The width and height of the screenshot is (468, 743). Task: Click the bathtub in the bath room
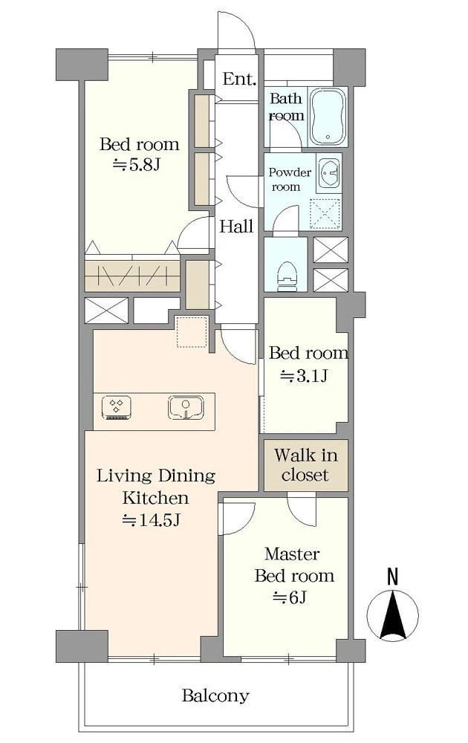(328, 117)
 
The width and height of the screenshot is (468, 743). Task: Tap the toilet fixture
(286, 276)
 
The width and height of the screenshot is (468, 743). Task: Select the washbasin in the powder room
(328, 172)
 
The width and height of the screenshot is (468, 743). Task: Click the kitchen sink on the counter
(186, 408)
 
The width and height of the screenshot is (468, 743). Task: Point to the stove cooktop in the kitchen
(117, 408)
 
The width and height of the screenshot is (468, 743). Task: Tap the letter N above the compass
(392, 577)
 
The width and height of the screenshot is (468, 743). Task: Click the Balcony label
(215, 695)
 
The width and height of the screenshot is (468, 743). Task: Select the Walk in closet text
(305, 465)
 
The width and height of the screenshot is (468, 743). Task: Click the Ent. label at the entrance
(239, 79)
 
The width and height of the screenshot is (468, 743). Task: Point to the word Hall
(236, 226)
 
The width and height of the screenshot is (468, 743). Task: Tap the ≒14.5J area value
(151, 520)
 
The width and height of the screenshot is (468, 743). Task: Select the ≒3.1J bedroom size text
(304, 376)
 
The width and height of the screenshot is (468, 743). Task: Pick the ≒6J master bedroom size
(290, 597)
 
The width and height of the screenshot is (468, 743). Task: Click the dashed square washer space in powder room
(325, 215)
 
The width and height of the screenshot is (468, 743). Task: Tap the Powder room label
(290, 179)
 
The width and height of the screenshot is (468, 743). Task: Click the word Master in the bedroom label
(292, 554)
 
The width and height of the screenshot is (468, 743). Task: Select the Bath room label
(286, 107)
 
